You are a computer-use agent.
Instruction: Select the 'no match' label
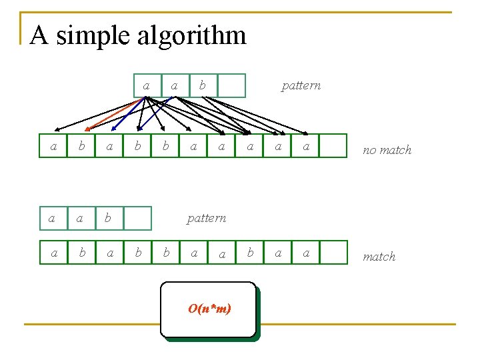(387, 150)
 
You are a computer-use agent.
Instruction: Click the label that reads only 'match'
(379, 257)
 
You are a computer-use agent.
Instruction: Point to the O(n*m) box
(208, 309)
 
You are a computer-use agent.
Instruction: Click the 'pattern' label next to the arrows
(301, 85)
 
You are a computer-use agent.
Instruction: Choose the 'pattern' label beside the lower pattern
(206, 218)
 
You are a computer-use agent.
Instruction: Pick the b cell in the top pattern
(203, 85)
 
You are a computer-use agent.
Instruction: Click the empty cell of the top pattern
(232, 85)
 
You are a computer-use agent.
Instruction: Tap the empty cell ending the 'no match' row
(333, 146)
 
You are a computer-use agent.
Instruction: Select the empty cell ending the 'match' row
(333, 253)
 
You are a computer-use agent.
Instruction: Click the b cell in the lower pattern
(109, 218)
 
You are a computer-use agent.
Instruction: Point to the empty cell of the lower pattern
(137, 218)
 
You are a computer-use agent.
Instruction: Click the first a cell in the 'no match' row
(53, 146)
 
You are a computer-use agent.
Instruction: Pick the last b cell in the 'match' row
(250, 253)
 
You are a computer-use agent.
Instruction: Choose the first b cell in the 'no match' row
(81, 146)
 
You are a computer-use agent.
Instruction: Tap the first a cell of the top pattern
(147, 85)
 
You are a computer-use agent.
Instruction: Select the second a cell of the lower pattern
(81, 218)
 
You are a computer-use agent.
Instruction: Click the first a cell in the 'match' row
(53, 253)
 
